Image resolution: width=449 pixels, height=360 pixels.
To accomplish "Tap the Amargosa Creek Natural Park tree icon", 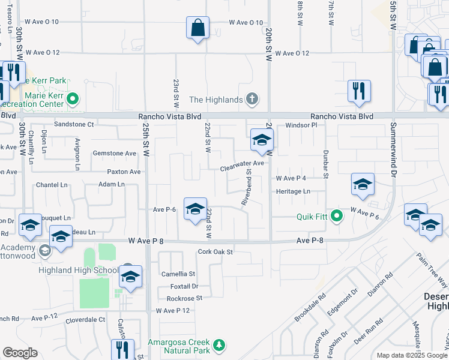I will pos(220,345).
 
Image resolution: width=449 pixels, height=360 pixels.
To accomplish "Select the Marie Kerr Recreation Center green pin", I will pos(73,99).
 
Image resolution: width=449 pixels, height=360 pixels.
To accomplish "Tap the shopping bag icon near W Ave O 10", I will pos(197,28).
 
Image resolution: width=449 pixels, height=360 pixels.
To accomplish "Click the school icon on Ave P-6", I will pos(194,210).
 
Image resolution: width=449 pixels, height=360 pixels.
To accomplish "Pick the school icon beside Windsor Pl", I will pos(262,141).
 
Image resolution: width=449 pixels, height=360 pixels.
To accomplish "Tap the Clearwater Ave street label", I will pos(242,163).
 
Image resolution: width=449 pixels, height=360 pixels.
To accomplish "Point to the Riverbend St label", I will pos(247,187).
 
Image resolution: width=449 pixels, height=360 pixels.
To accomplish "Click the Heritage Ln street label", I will pos(293,191).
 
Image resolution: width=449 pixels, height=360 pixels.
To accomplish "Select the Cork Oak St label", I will pos(214,252).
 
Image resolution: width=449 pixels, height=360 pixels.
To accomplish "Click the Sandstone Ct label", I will pos(74,124).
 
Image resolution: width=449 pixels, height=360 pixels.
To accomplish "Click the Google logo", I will pos(20,353).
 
